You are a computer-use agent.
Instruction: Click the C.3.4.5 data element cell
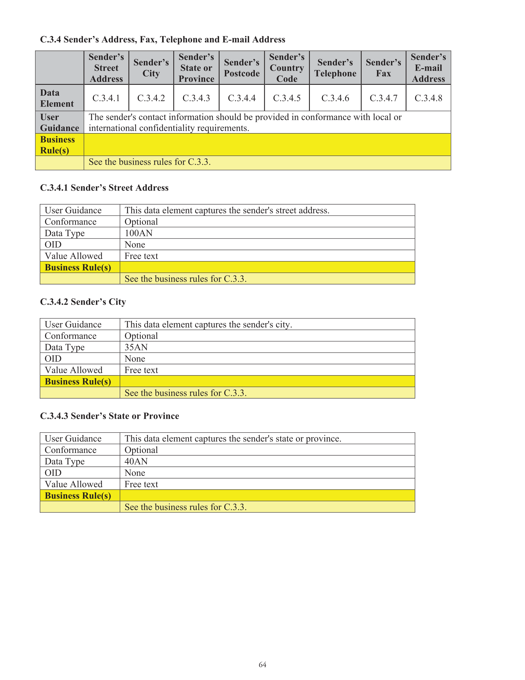[287, 98]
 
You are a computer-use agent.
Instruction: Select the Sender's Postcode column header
[242, 68]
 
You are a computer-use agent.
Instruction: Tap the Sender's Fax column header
[383, 68]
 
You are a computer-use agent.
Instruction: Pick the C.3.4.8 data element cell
[428, 98]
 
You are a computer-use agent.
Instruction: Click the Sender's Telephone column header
[335, 68]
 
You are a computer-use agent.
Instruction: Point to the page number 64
[262, 664]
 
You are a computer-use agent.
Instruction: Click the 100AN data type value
[139, 233]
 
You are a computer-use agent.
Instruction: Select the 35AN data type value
[136, 347]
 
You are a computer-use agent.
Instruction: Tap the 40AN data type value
[136, 461]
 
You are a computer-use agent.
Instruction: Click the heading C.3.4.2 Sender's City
[83, 302]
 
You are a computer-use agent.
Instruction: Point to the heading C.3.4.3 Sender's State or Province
[109, 416]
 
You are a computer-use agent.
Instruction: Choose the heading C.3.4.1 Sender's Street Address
[104, 188]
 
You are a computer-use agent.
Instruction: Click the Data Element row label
[57, 98]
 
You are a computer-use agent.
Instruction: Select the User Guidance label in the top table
[59, 122]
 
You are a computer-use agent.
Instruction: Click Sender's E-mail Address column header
[428, 68]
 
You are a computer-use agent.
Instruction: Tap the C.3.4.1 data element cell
[106, 98]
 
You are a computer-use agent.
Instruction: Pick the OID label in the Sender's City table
[53, 359]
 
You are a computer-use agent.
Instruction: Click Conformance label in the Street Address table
[71, 222]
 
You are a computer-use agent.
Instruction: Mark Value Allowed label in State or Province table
[74, 484]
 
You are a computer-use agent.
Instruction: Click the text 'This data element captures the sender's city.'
[208, 325]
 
